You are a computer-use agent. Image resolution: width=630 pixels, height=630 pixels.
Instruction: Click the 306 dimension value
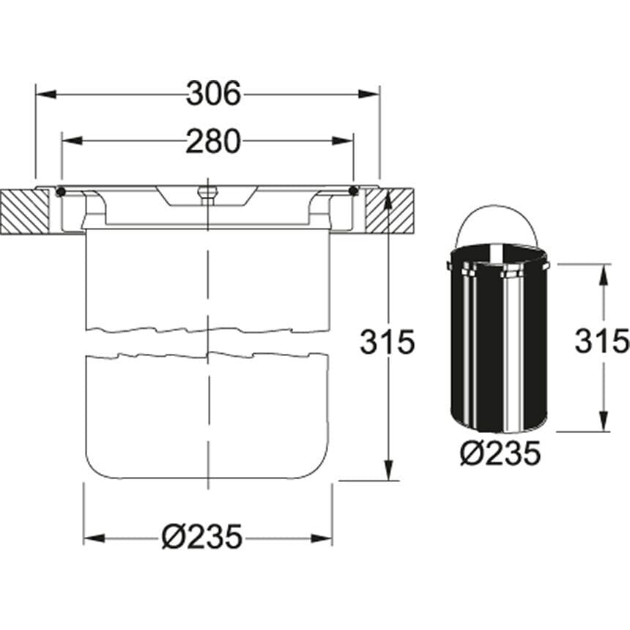[214, 94]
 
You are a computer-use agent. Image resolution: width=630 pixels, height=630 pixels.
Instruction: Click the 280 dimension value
[213, 141]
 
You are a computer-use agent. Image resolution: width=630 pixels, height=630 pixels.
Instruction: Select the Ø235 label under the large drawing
[202, 536]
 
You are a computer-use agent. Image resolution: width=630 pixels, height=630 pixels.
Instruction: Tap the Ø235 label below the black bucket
[500, 453]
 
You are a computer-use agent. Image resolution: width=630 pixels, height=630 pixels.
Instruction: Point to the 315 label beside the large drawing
[388, 342]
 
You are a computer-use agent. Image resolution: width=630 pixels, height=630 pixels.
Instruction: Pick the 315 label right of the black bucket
[601, 341]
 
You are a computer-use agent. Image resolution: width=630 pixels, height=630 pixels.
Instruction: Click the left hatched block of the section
[25, 212]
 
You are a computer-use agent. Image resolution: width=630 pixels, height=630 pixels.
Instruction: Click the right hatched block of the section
[390, 212]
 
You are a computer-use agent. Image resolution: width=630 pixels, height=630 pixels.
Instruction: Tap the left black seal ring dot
[61, 192]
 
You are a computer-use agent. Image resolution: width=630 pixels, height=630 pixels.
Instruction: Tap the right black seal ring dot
[354, 191]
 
